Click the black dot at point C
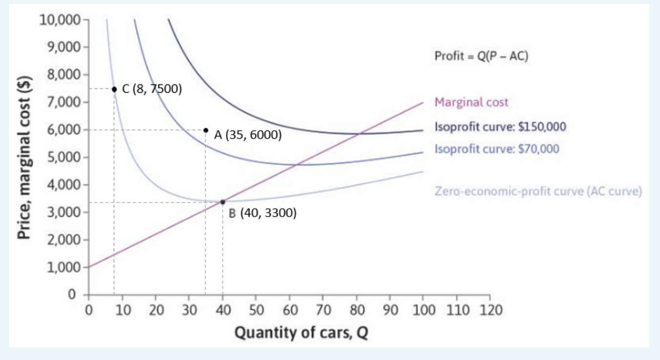click(114, 89)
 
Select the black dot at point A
click(206, 130)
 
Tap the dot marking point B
click(223, 201)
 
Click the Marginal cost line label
click(471, 102)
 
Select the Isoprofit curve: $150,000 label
click(500, 127)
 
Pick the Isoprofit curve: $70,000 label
click(497, 148)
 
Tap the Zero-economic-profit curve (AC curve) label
click(537, 191)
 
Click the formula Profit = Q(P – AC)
click(481, 57)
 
